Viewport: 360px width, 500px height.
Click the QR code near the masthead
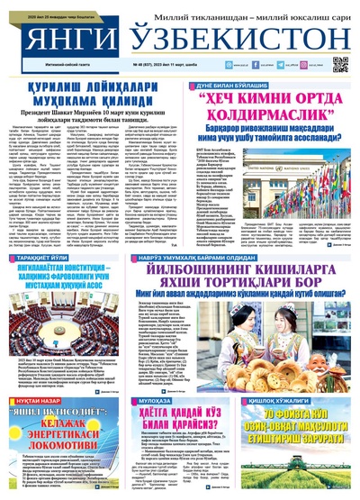[339, 64]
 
